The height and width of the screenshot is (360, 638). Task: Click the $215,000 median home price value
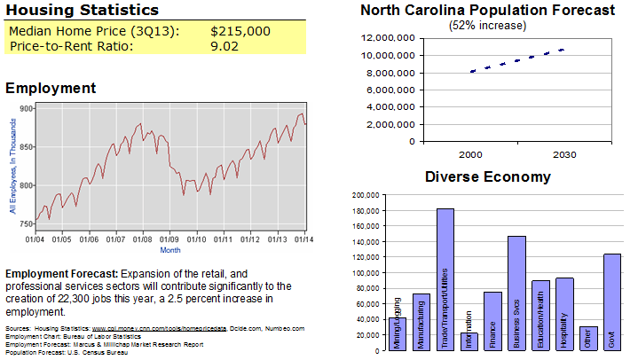tap(240, 31)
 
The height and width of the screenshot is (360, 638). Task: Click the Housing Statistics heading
tap(83, 11)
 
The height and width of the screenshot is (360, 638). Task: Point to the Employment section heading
tap(51, 88)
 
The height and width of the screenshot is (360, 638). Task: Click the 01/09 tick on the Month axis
tap(169, 239)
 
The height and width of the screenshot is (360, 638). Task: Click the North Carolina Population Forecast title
tap(487, 11)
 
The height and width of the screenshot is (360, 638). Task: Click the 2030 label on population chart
tap(563, 154)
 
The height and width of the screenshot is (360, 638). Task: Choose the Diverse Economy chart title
tap(487, 176)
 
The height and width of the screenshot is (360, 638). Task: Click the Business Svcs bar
tap(516, 293)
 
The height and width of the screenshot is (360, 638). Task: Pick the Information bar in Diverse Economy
tap(469, 341)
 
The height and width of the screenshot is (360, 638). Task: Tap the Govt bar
tap(611, 301)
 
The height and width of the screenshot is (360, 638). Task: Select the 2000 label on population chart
tap(471, 154)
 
